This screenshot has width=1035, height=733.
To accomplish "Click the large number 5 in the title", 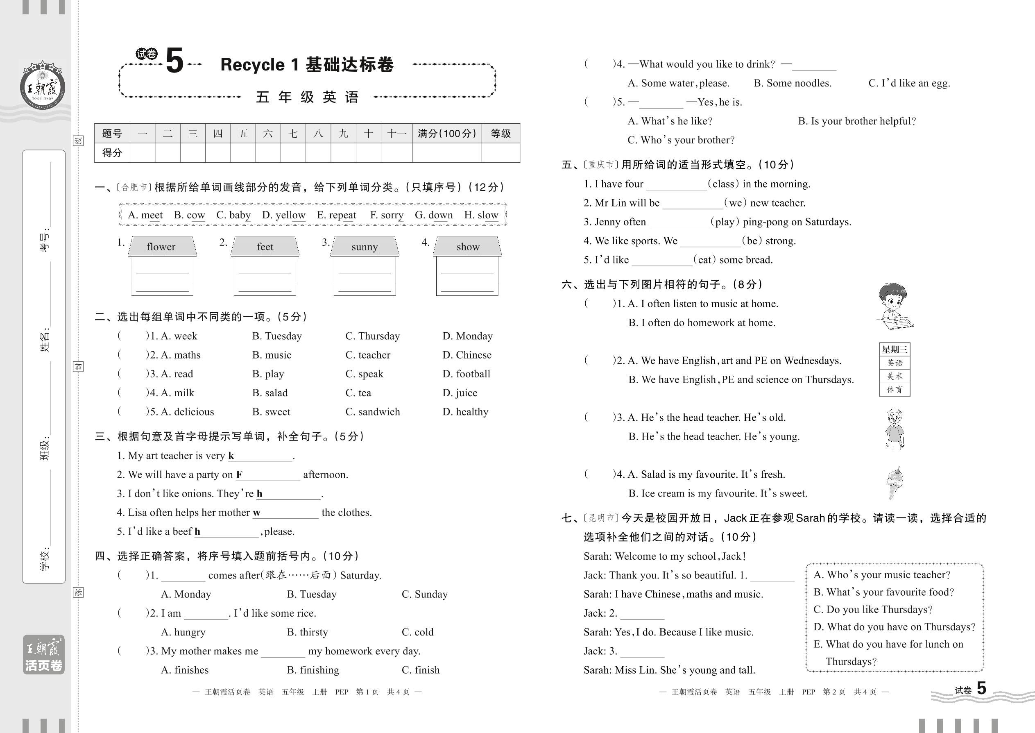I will [174, 61].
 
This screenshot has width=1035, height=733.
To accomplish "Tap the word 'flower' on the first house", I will [161, 247].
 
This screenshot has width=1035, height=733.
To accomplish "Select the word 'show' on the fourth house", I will [468, 247].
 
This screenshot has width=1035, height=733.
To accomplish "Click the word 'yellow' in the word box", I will [284, 215].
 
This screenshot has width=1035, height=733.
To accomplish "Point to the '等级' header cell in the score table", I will [501, 134].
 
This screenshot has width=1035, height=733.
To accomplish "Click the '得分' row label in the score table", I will [112, 152].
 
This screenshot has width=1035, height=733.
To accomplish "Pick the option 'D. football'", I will [466, 374].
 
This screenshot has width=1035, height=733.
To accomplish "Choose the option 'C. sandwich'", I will [373, 412].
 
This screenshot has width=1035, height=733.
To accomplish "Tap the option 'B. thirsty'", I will [307, 632].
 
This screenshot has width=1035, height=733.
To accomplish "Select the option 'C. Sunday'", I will [425, 595].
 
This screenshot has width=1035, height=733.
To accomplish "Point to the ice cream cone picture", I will [894, 483].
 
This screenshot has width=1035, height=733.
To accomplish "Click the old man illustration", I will [895, 429].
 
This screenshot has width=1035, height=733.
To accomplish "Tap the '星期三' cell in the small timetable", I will [894, 349].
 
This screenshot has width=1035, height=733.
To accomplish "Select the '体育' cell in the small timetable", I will [894, 390].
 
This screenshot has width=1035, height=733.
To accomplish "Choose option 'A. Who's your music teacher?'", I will [881, 575].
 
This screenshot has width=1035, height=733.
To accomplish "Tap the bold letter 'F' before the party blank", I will [239, 475].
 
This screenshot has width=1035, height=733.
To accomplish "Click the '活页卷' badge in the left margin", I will [44, 665].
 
